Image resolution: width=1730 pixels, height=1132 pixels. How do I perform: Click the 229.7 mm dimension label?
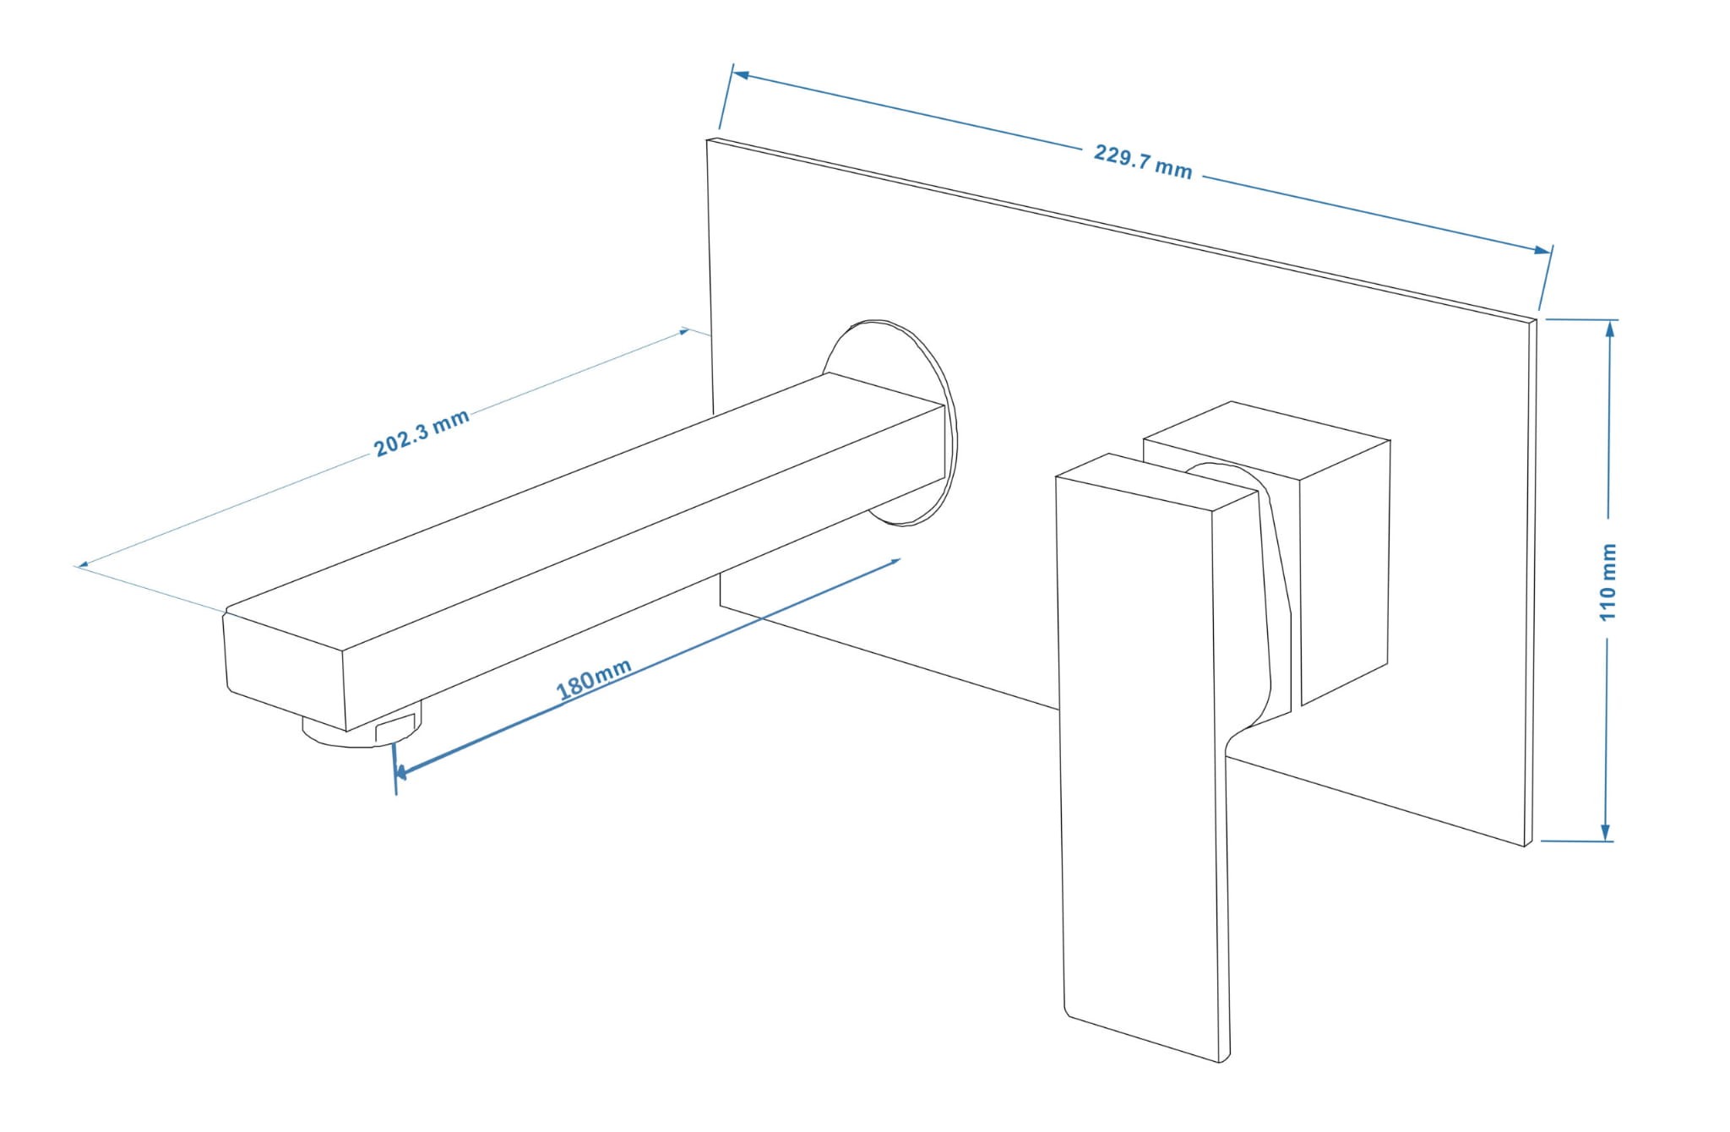click(x=1142, y=161)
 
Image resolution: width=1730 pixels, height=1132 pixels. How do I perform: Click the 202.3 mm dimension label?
click(x=422, y=433)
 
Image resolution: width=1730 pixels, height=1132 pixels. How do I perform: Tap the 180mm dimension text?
click(x=594, y=679)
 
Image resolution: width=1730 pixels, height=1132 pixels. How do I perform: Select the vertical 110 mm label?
click(x=1608, y=582)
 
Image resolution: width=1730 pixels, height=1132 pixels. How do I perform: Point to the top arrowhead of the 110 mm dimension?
click(x=1610, y=329)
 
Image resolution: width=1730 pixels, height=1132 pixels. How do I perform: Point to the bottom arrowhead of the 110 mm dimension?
click(x=1607, y=832)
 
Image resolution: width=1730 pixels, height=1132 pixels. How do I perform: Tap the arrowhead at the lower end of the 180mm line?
click(x=401, y=771)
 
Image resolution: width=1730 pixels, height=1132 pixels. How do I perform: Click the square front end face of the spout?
click(x=285, y=672)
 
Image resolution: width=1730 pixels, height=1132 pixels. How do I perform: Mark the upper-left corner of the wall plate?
click(x=708, y=139)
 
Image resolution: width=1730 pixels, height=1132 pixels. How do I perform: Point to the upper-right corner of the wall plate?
click(x=1537, y=321)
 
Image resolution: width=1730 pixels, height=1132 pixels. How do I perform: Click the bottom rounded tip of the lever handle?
click(x=1221, y=1060)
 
